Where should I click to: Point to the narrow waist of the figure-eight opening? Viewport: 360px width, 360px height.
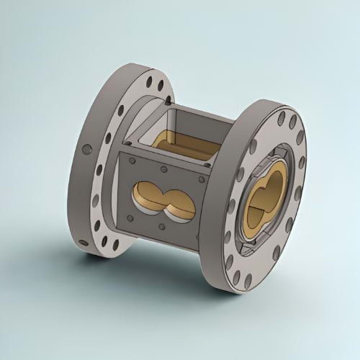coord(164,199)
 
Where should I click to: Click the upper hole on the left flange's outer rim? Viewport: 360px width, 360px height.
coord(86,150)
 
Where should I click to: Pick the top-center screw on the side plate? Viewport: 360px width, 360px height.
coord(164,170)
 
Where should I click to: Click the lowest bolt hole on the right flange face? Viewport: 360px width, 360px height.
coord(247,276)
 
